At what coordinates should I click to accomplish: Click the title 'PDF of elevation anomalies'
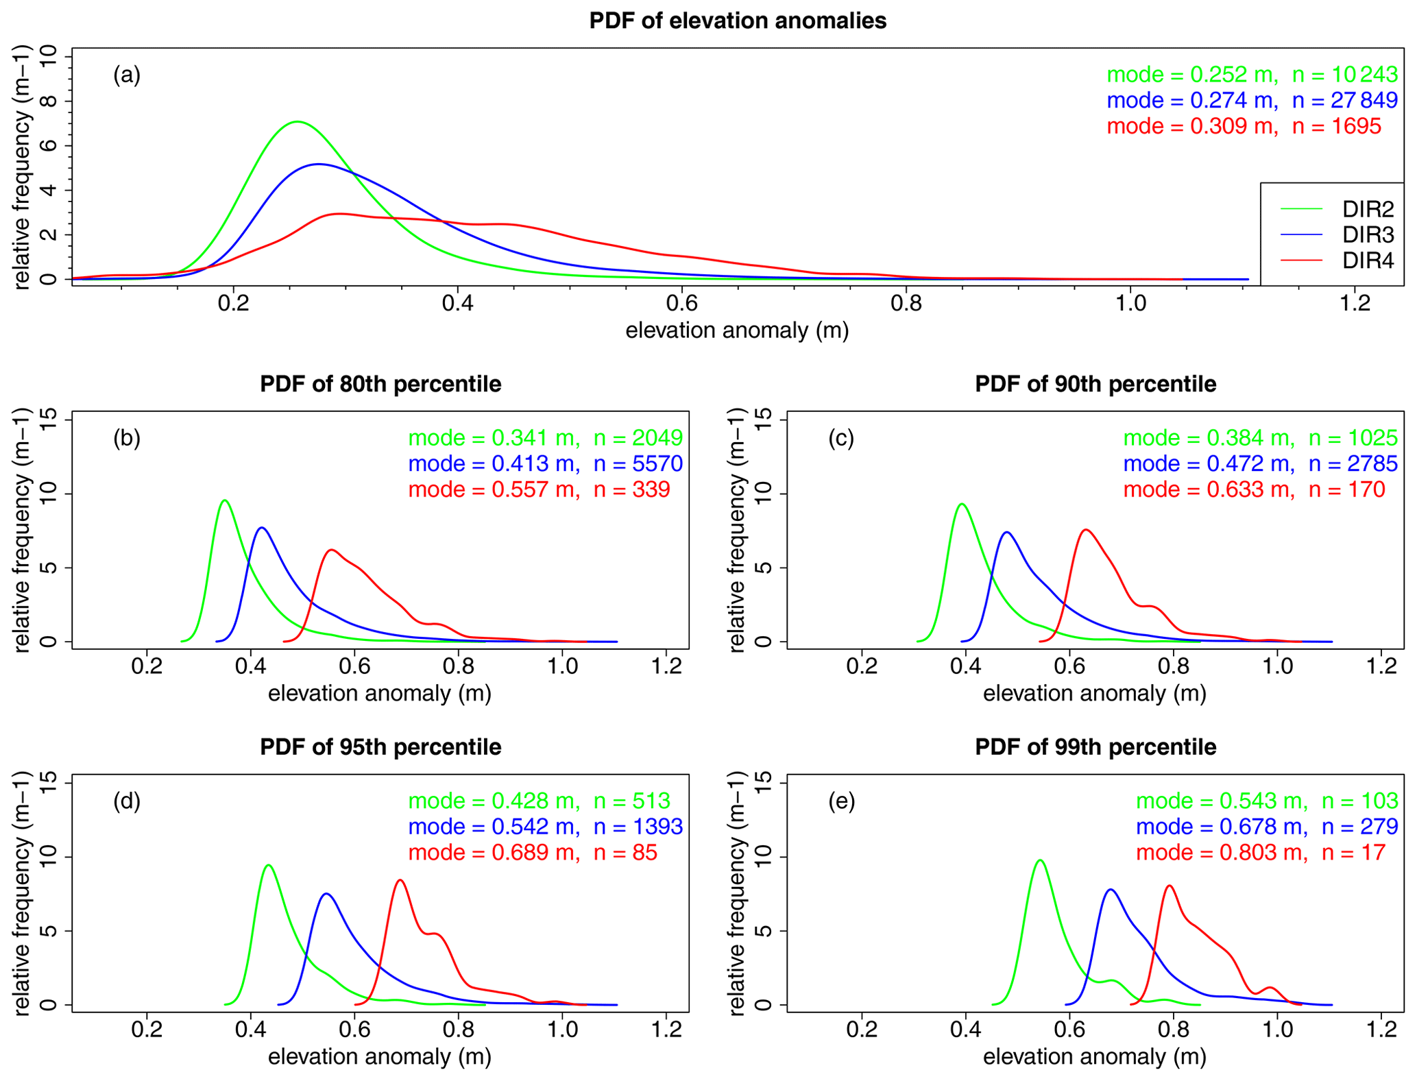(738, 21)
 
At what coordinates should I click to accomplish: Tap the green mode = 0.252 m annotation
(1192, 75)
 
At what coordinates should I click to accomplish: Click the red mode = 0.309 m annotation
(1192, 126)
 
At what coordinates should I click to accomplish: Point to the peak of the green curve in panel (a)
(297, 122)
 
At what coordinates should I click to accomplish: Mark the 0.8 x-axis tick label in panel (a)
(906, 304)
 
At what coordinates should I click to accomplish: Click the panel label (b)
(127, 438)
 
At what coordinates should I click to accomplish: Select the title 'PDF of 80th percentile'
(380, 384)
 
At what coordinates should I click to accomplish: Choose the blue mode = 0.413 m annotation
(494, 464)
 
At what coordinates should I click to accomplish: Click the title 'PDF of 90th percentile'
(1095, 384)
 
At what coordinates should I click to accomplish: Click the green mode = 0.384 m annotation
(1209, 438)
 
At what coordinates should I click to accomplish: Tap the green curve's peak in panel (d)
(268, 865)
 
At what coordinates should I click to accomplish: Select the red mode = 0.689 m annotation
(494, 853)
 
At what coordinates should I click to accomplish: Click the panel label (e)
(842, 801)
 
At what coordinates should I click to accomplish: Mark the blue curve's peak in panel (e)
(1110, 890)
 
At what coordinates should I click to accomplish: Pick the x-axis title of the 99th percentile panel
(1094, 1057)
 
